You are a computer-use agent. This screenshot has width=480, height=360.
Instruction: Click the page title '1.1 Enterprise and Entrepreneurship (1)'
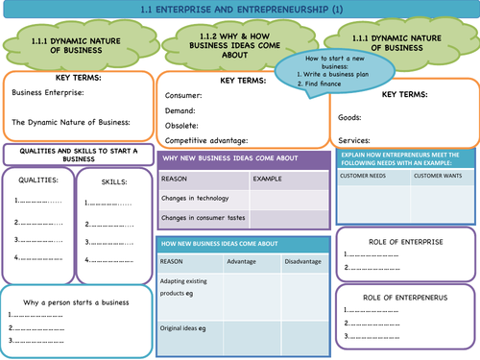(x=239, y=10)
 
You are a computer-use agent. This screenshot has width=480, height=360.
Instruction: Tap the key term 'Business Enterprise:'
(x=48, y=92)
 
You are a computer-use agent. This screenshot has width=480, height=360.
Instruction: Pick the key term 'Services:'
(x=357, y=137)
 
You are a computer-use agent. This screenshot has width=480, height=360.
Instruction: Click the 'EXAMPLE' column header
(x=268, y=179)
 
